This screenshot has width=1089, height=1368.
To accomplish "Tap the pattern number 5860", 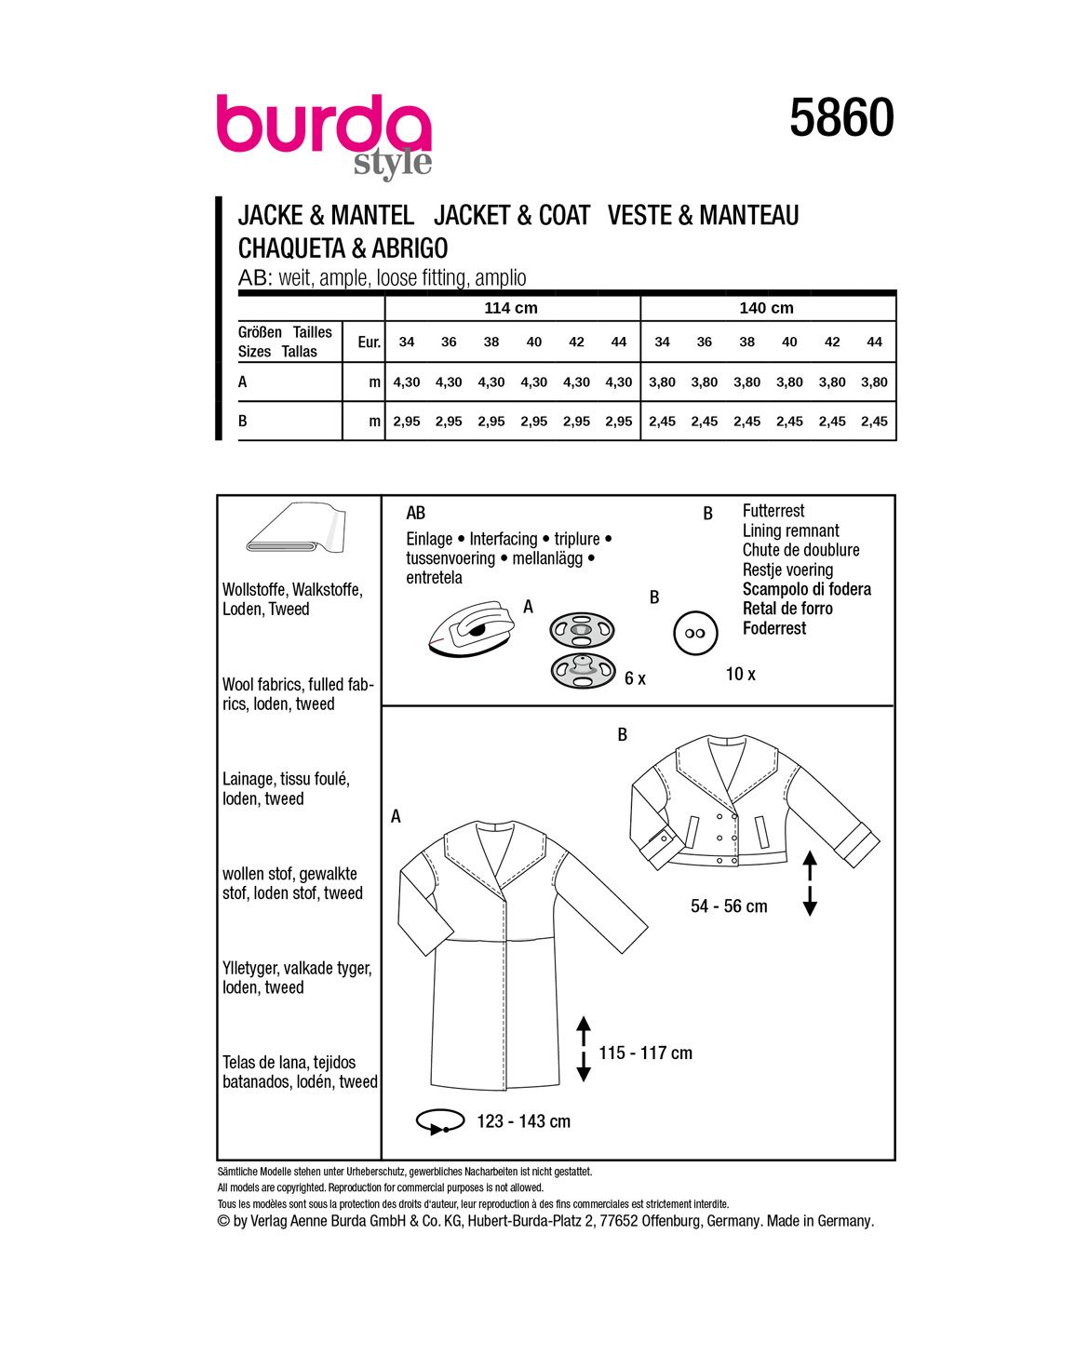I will click(x=841, y=118).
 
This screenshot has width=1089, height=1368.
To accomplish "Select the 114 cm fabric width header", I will click(x=511, y=308).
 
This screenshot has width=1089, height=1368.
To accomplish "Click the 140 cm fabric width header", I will click(x=767, y=308).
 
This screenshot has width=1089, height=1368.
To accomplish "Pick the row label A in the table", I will click(x=243, y=382).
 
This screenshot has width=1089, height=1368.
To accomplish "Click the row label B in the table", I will click(x=243, y=421).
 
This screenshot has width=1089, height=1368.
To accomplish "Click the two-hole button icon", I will click(x=695, y=633).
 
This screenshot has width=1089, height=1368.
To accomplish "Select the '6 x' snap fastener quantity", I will click(x=635, y=678).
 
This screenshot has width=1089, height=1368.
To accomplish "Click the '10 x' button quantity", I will click(x=741, y=674).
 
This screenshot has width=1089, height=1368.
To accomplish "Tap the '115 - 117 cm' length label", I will click(x=645, y=1053).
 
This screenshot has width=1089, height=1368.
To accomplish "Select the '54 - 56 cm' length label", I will click(x=729, y=906).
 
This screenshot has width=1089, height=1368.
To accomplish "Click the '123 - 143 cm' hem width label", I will click(x=523, y=1121).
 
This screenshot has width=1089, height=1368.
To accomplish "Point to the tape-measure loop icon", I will click(x=440, y=1121).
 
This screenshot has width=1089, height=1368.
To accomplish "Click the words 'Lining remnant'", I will click(x=790, y=530).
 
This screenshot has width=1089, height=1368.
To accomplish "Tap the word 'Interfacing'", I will click(x=504, y=539).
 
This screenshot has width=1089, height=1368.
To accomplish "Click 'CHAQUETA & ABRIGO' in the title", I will click(x=343, y=248).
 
